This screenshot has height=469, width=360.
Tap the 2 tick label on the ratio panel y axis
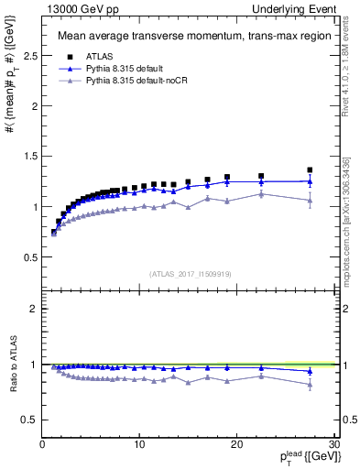33,309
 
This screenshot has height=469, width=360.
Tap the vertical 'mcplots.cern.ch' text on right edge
349,229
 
